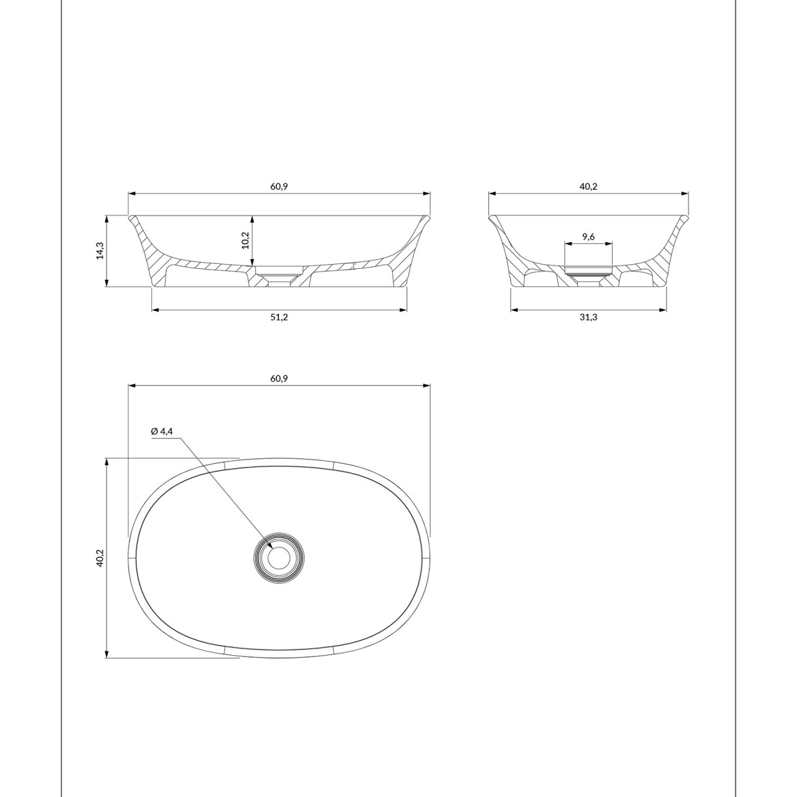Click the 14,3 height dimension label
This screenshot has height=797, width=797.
[x=99, y=251]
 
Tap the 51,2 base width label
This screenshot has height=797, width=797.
[x=279, y=317]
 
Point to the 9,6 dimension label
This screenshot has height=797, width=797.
[x=588, y=237]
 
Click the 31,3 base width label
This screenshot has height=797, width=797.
[x=588, y=317]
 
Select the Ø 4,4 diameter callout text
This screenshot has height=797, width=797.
[x=162, y=432]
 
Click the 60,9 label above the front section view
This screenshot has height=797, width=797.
[x=279, y=187]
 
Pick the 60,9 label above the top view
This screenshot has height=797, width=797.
[x=279, y=379]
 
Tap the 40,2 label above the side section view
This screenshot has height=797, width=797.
[x=588, y=187]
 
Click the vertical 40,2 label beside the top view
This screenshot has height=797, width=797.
[x=99, y=558]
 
